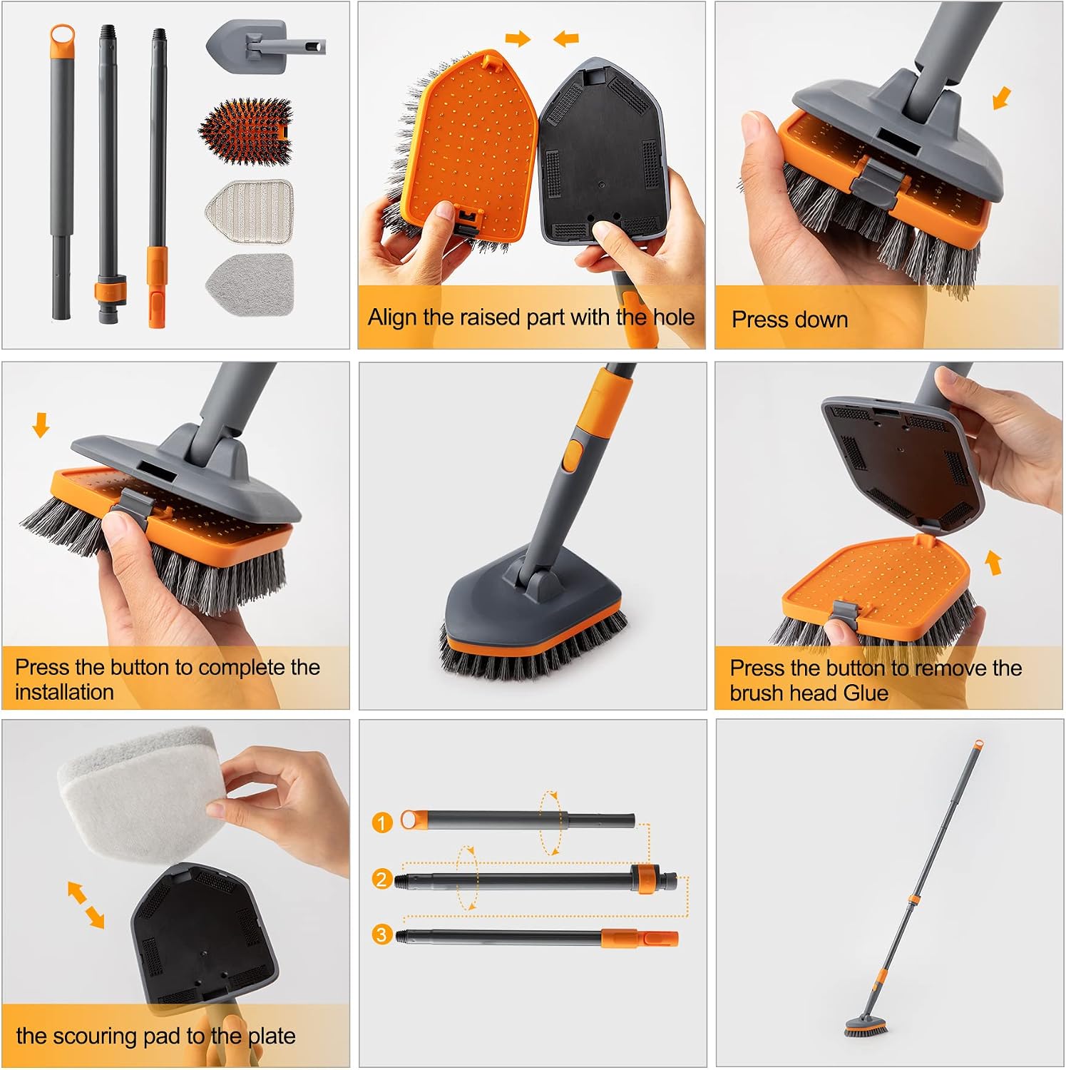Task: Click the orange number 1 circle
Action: coord(382,822)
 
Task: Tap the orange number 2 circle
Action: coord(382,879)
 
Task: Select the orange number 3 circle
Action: coord(382,934)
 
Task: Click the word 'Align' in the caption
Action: coord(393,317)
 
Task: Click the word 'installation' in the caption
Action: coord(64,692)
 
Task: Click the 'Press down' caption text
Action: coord(790,319)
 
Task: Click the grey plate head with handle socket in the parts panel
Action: coord(265,46)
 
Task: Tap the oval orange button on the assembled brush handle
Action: coord(570,456)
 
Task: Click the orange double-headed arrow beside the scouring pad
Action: coord(86,905)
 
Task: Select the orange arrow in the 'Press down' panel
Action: coord(1002,98)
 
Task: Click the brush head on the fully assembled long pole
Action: coord(866,1025)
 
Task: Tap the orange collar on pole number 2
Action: coord(644,879)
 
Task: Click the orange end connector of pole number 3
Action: coord(640,939)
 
